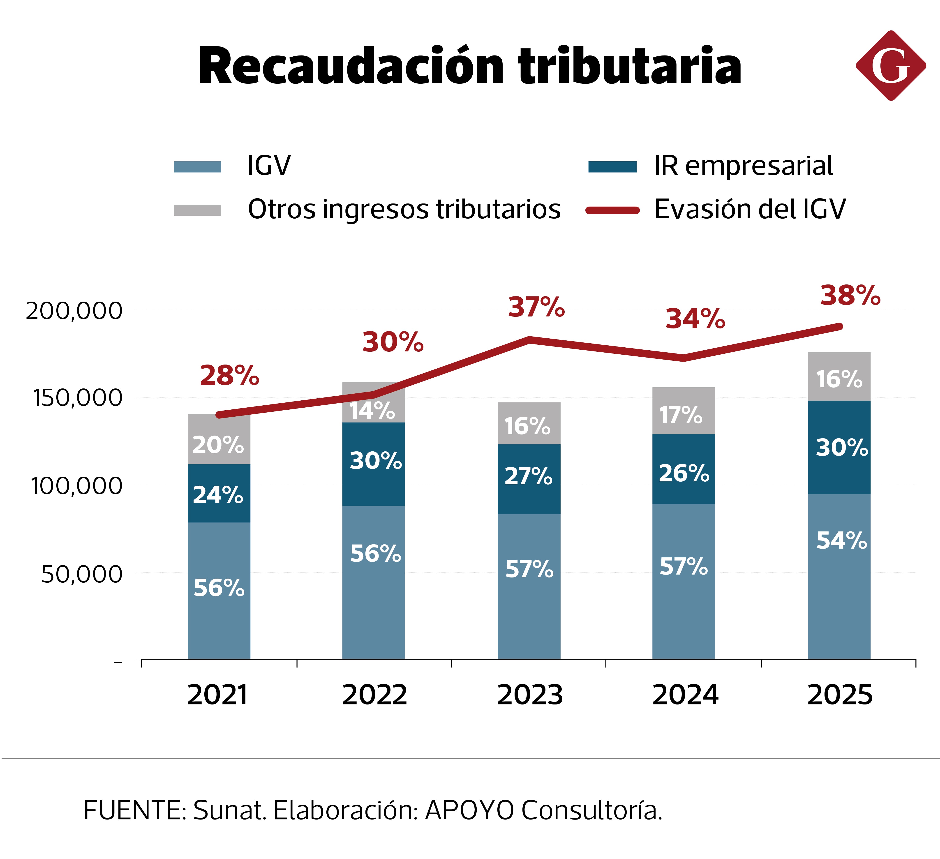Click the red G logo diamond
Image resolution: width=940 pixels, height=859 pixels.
891,66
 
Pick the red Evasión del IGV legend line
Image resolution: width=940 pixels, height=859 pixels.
612,210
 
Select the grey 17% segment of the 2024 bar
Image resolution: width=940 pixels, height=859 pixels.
683,411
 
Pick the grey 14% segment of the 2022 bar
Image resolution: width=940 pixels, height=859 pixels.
373,406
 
